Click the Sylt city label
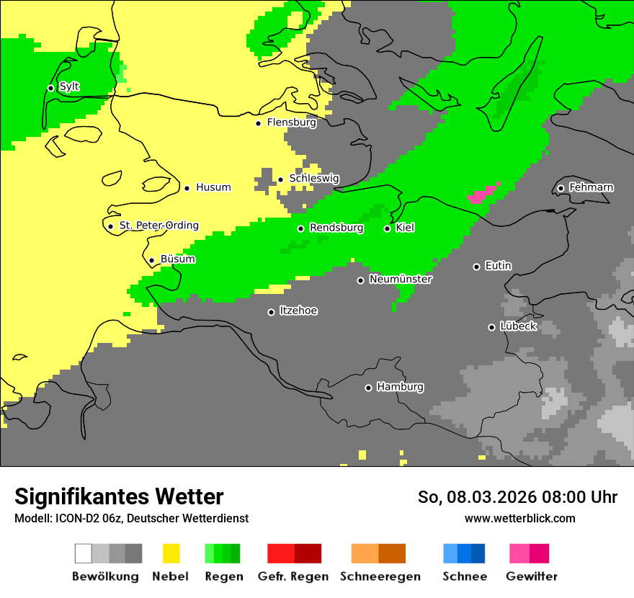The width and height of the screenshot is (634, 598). (69, 87)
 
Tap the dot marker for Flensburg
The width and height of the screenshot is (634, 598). (258, 123)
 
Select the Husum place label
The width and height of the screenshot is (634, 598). (213, 187)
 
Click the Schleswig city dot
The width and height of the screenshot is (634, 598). (280, 179)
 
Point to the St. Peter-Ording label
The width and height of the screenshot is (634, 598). (158, 226)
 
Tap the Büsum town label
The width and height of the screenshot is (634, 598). (177, 259)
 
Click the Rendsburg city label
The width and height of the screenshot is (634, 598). (336, 228)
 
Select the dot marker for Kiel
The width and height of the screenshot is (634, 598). (387, 228)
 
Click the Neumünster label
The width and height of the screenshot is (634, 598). (400, 279)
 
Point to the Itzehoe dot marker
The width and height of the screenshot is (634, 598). (271, 312)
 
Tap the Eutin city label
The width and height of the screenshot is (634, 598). (498, 266)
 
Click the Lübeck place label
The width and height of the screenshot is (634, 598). (518, 326)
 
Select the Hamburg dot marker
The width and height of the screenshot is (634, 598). (368, 388)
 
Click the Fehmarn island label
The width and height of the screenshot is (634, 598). (591, 187)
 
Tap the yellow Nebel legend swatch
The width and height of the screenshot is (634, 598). (171, 553)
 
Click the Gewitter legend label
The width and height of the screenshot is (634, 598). (531, 576)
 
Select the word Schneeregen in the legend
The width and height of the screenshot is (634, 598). (380, 576)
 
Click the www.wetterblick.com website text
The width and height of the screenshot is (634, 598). (519, 518)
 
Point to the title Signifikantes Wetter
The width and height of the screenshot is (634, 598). (119, 496)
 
